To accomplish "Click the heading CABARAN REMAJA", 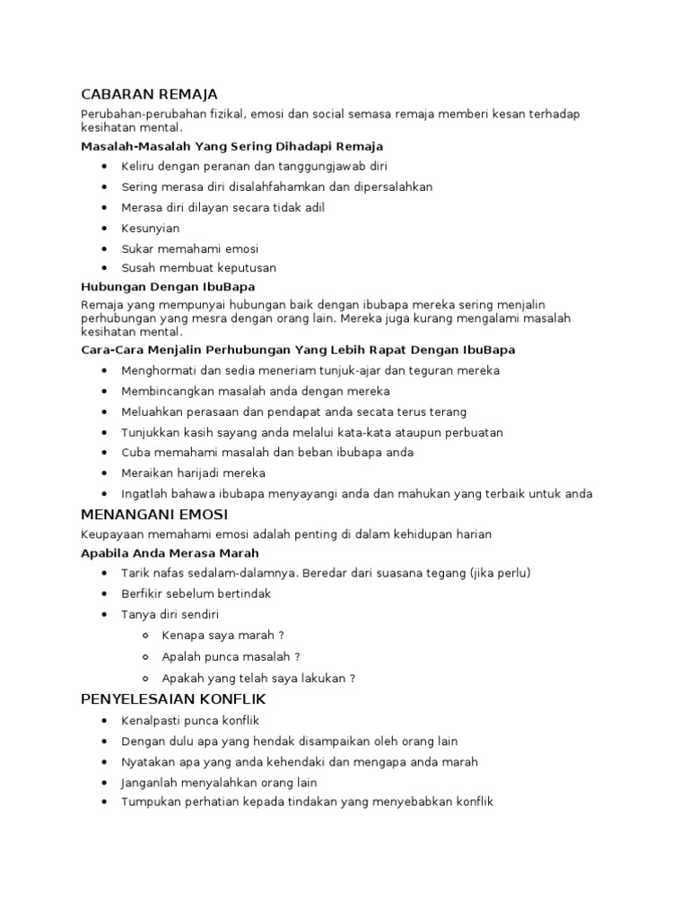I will (x=149, y=94).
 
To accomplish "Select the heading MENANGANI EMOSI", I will (x=154, y=515).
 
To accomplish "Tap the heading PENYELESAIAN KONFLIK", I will (x=173, y=698).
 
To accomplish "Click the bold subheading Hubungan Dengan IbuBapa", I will (x=168, y=287).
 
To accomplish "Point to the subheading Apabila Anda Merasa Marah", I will (x=170, y=553).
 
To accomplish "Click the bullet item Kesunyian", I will (x=151, y=229).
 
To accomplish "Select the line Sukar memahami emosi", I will (x=190, y=248).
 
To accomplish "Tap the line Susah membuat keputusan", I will (x=199, y=268).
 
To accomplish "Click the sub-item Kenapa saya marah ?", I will (x=223, y=635).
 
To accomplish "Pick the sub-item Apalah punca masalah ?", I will (x=231, y=656).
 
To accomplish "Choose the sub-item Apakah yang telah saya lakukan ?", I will (x=253, y=678).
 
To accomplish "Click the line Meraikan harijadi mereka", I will (x=194, y=472).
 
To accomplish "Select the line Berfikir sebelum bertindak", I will (x=196, y=593).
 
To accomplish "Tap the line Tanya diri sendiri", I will (x=170, y=614).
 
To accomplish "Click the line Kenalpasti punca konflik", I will (x=190, y=721).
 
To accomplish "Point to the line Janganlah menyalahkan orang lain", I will (x=219, y=783).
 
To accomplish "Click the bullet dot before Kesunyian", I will (x=105, y=229).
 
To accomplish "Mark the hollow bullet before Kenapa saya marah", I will (x=145, y=635).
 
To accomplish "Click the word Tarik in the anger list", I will (x=135, y=573).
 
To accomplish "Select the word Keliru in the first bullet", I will (x=137, y=167).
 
